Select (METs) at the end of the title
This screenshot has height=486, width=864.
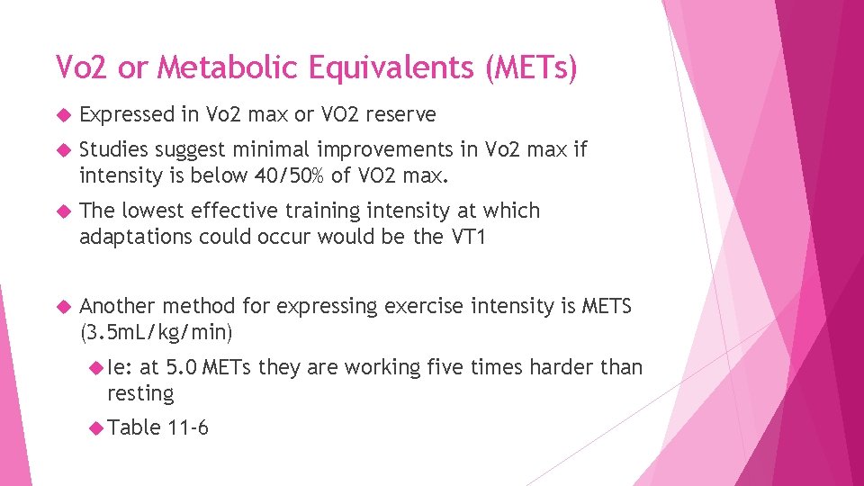pos(531,67)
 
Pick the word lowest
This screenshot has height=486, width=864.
pos(149,211)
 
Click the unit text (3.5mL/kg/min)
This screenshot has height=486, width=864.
pos(156,332)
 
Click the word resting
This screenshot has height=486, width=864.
pos(140,393)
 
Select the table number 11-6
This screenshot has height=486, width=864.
pos(188,427)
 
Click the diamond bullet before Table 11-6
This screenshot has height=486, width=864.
pos(97,427)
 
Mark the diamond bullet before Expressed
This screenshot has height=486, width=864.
pos(62,115)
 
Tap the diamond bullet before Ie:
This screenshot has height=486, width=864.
pos(97,367)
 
